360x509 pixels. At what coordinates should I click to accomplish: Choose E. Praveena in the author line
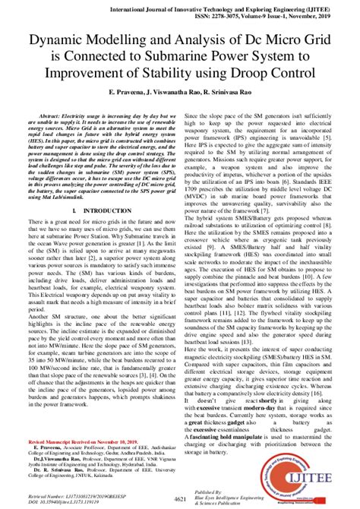pos(112,90)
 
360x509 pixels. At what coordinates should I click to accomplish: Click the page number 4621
pos(180,498)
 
